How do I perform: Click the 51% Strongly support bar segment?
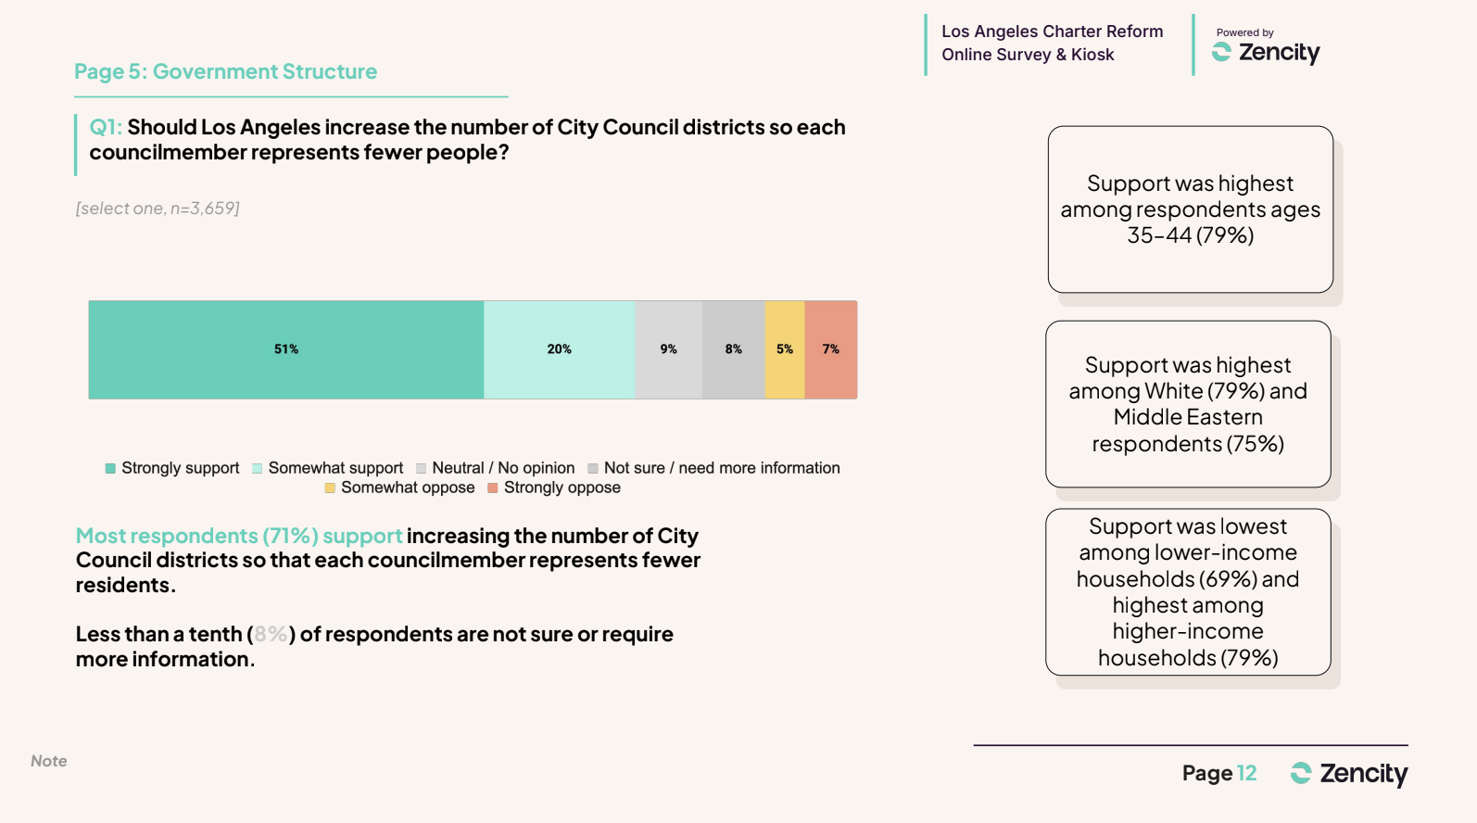click(x=285, y=349)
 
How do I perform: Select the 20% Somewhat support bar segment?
click(x=559, y=349)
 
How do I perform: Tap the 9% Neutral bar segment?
click(x=668, y=349)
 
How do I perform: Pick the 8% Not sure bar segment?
click(x=733, y=349)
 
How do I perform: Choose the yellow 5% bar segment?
click(x=785, y=349)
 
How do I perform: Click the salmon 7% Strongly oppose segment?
click(x=831, y=349)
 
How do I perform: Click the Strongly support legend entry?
click(x=172, y=468)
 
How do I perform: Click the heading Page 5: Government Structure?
click(x=226, y=71)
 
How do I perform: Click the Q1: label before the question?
click(x=106, y=127)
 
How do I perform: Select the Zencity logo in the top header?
click(x=1266, y=52)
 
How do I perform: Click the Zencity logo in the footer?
click(x=1349, y=773)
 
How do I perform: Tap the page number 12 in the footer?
click(x=1247, y=773)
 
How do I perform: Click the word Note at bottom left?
click(x=49, y=761)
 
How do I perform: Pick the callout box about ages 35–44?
click(x=1190, y=209)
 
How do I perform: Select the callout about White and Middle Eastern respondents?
click(x=1188, y=404)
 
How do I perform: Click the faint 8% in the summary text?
click(x=271, y=635)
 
